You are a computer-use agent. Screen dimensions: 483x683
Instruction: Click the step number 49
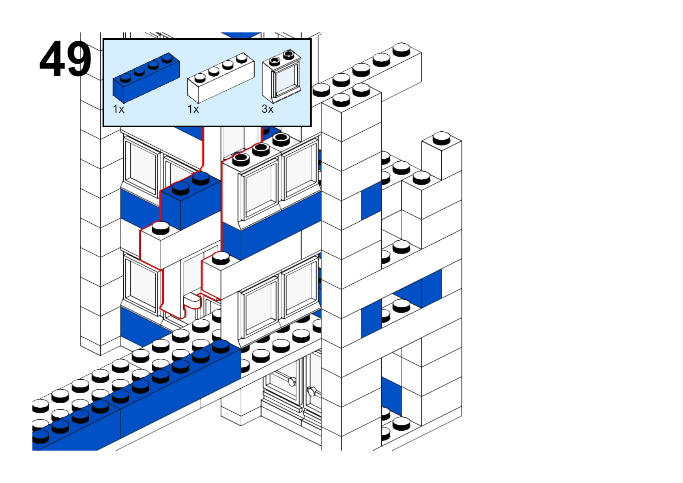[x=65, y=59]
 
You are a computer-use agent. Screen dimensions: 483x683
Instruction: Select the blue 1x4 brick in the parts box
[x=146, y=78]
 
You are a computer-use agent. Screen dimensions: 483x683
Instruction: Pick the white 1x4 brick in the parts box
[x=221, y=78]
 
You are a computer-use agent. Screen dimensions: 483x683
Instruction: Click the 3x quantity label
[x=268, y=109]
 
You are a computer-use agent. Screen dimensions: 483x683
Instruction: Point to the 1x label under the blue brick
[x=118, y=109]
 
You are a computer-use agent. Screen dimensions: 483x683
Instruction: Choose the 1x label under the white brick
[x=193, y=109]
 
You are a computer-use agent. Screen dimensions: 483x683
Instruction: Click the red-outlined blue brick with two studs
[x=191, y=203]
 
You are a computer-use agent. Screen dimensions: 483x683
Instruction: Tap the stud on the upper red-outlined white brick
[x=161, y=228]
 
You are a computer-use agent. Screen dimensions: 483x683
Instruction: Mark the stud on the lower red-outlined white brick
[x=221, y=257]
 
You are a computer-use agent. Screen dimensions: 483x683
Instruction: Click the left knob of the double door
[x=292, y=381]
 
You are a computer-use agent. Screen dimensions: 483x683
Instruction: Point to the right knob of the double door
[x=311, y=391]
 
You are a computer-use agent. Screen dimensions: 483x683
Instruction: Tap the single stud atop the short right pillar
[x=441, y=138]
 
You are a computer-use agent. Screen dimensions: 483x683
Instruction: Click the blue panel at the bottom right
[x=391, y=395]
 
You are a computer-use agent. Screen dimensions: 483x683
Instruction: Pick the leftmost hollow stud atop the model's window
[x=241, y=159]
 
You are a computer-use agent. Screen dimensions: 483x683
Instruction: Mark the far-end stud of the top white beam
[x=402, y=49]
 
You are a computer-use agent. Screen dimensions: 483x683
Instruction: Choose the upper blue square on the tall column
[x=371, y=201]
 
